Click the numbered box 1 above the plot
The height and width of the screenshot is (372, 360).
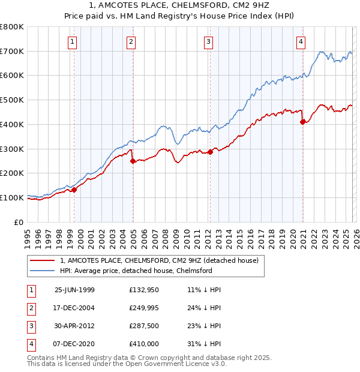pyautogui.click(x=72, y=41)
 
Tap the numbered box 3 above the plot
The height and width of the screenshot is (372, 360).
pyautogui.click(x=208, y=41)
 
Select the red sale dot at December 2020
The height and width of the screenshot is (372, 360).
pyautogui.click(x=302, y=122)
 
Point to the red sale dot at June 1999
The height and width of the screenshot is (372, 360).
pyautogui.click(x=74, y=190)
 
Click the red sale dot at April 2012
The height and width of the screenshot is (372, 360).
pyautogui.click(x=210, y=152)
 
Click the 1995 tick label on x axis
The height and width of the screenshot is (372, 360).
pyautogui.click(x=27, y=235)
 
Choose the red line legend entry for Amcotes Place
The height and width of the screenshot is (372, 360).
pyautogui.click(x=159, y=260)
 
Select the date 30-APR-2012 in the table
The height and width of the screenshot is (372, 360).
pyautogui.click(x=74, y=326)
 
